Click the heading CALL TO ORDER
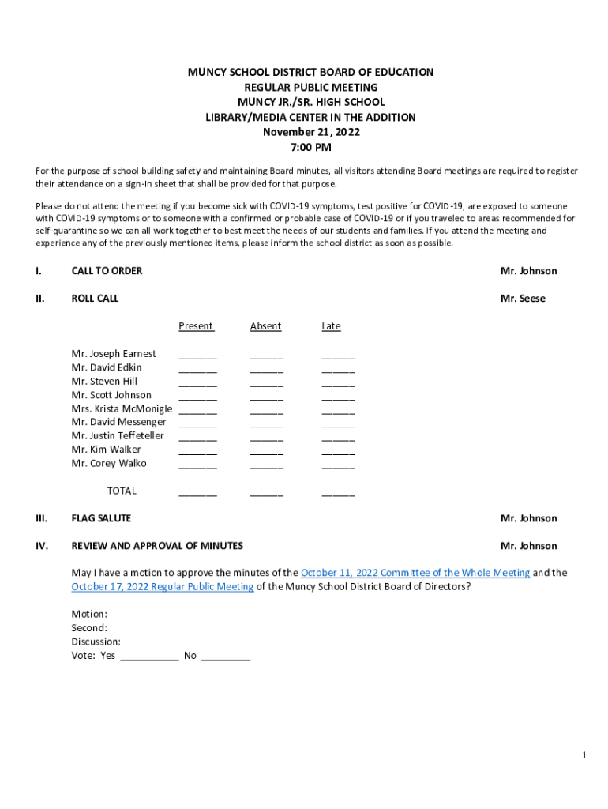point(107,271)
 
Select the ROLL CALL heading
point(95,299)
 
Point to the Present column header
point(196,326)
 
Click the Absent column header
point(265,326)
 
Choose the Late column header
point(331,326)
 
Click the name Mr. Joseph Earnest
point(114,353)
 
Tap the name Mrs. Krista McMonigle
point(122,408)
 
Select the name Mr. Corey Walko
point(109,463)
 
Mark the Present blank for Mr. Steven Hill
point(197,383)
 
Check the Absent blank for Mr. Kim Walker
point(266,452)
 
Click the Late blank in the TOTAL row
point(338,493)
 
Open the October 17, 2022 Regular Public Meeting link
point(163,586)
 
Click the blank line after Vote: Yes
point(149,657)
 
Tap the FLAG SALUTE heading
point(101,518)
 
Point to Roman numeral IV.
point(41,546)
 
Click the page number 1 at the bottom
point(584,755)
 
